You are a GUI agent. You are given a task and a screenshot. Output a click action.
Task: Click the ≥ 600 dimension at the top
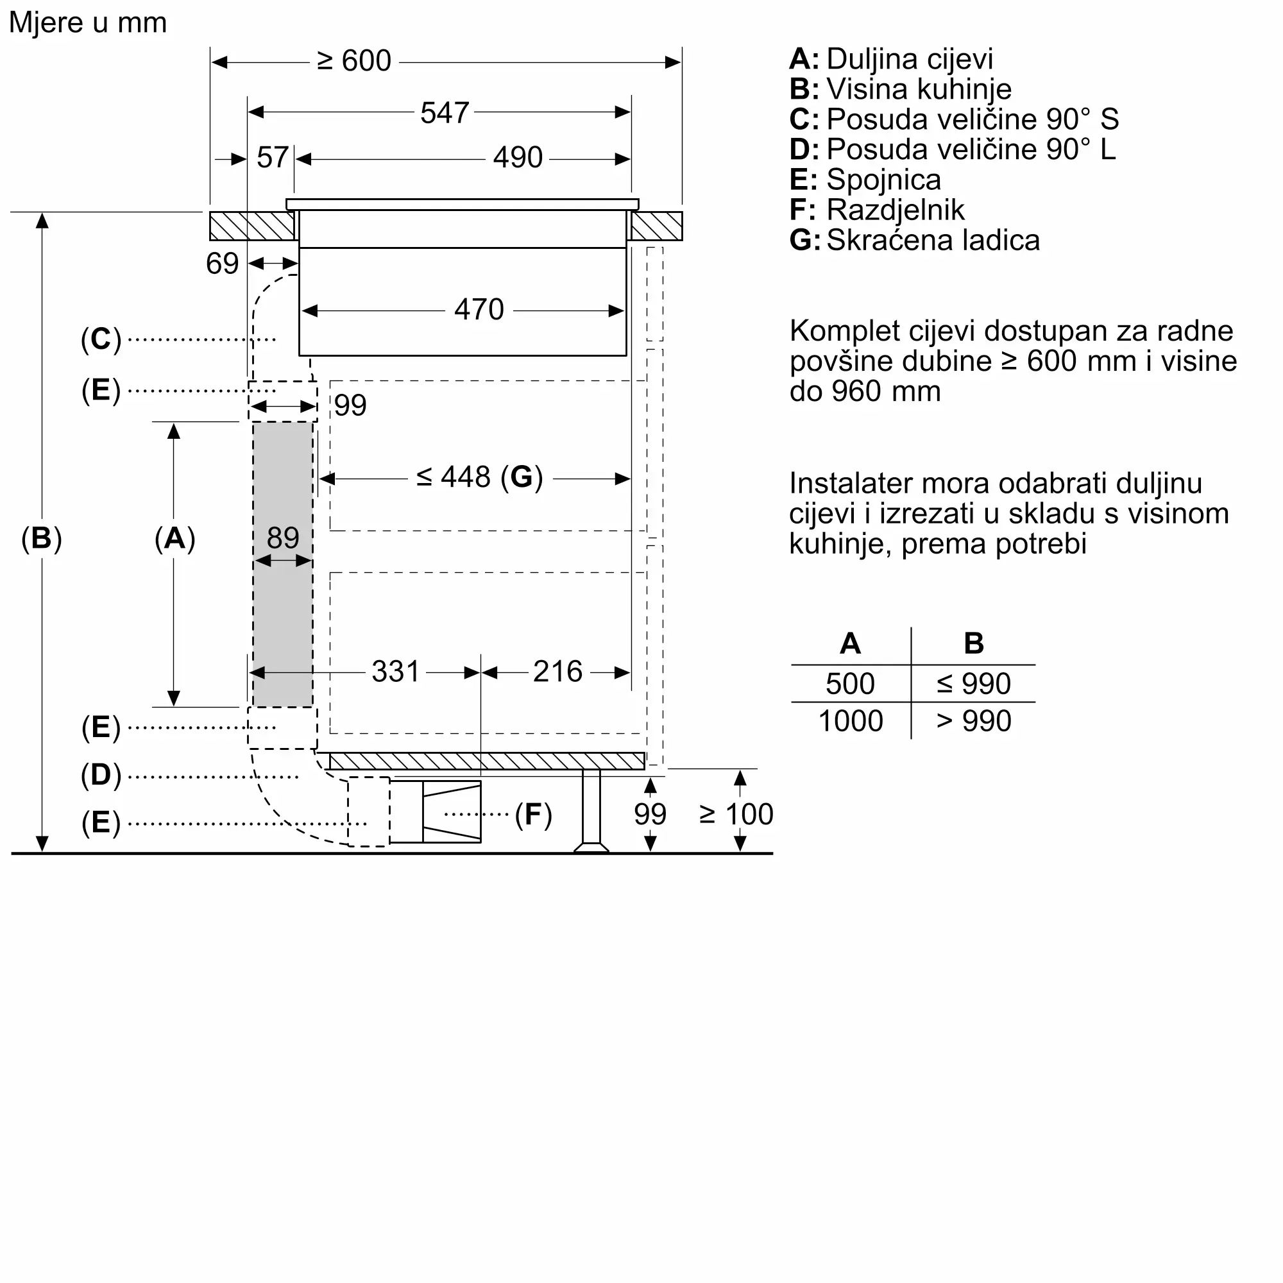tap(354, 61)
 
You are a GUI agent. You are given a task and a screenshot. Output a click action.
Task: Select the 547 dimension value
tap(445, 113)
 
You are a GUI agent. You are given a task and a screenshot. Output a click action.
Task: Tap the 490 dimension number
tap(517, 158)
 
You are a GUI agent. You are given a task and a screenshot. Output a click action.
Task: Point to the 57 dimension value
tap(272, 158)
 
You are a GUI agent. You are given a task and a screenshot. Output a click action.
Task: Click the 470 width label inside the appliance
tap(479, 309)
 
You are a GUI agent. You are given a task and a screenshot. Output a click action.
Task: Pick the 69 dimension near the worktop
tap(222, 264)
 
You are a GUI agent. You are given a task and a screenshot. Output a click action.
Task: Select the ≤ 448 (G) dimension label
tap(479, 477)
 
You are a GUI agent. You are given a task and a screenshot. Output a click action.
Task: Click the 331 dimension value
tap(395, 672)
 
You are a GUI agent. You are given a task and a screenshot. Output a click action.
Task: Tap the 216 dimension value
tap(557, 672)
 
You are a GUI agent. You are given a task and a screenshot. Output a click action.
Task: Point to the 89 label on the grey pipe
tap(283, 537)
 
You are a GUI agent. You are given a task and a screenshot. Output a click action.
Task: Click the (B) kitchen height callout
tap(41, 538)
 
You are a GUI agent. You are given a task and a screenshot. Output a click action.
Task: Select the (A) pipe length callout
tap(174, 538)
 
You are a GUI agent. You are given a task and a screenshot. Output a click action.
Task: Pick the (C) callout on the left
tap(101, 339)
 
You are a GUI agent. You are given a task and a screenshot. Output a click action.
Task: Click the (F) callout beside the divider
tap(533, 814)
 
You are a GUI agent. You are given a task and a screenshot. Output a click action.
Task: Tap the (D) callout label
tap(101, 775)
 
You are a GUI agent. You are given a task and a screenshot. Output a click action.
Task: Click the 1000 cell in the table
tap(851, 721)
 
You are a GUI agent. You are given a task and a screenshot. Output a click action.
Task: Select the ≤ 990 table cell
tap(974, 683)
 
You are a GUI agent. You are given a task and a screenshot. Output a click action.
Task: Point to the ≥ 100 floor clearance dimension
tap(736, 814)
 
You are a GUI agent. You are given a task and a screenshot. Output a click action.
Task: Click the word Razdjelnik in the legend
tap(895, 210)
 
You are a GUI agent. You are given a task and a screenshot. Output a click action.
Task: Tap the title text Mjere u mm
tap(88, 22)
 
